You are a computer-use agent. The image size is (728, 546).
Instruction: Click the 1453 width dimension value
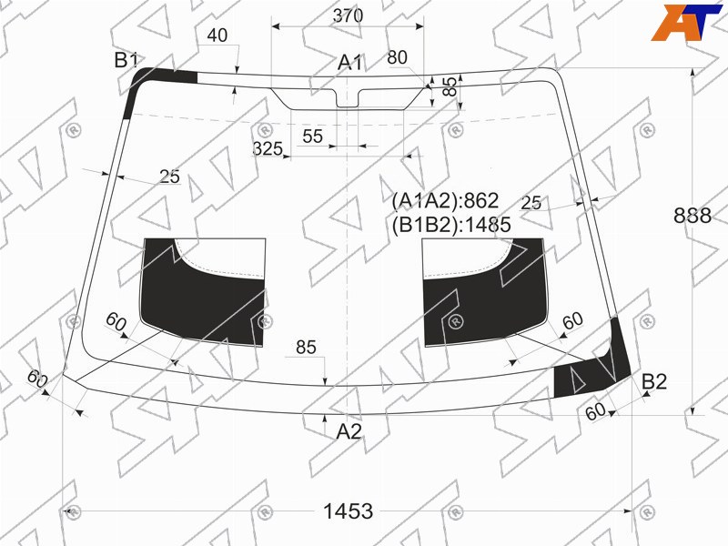pyautogui.click(x=348, y=511)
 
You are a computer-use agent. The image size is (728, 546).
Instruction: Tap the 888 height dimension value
pyautogui.click(x=693, y=216)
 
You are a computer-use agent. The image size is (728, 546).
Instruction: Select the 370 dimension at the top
pyautogui.click(x=348, y=15)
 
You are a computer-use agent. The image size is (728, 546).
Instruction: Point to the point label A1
pyautogui.click(x=349, y=62)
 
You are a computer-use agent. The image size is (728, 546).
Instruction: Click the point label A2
pyautogui.click(x=349, y=431)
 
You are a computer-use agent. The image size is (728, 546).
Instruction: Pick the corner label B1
pyautogui.click(x=126, y=60)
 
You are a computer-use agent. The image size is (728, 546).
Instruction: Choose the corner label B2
pyautogui.click(x=654, y=381)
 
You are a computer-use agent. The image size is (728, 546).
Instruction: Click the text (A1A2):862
pyautogui.click(x=445, y=200)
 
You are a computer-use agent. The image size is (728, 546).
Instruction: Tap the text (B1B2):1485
pyautogui.click(x=451, y=225)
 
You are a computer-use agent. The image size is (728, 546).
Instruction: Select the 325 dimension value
pyautogui.click(x=268, y=148)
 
